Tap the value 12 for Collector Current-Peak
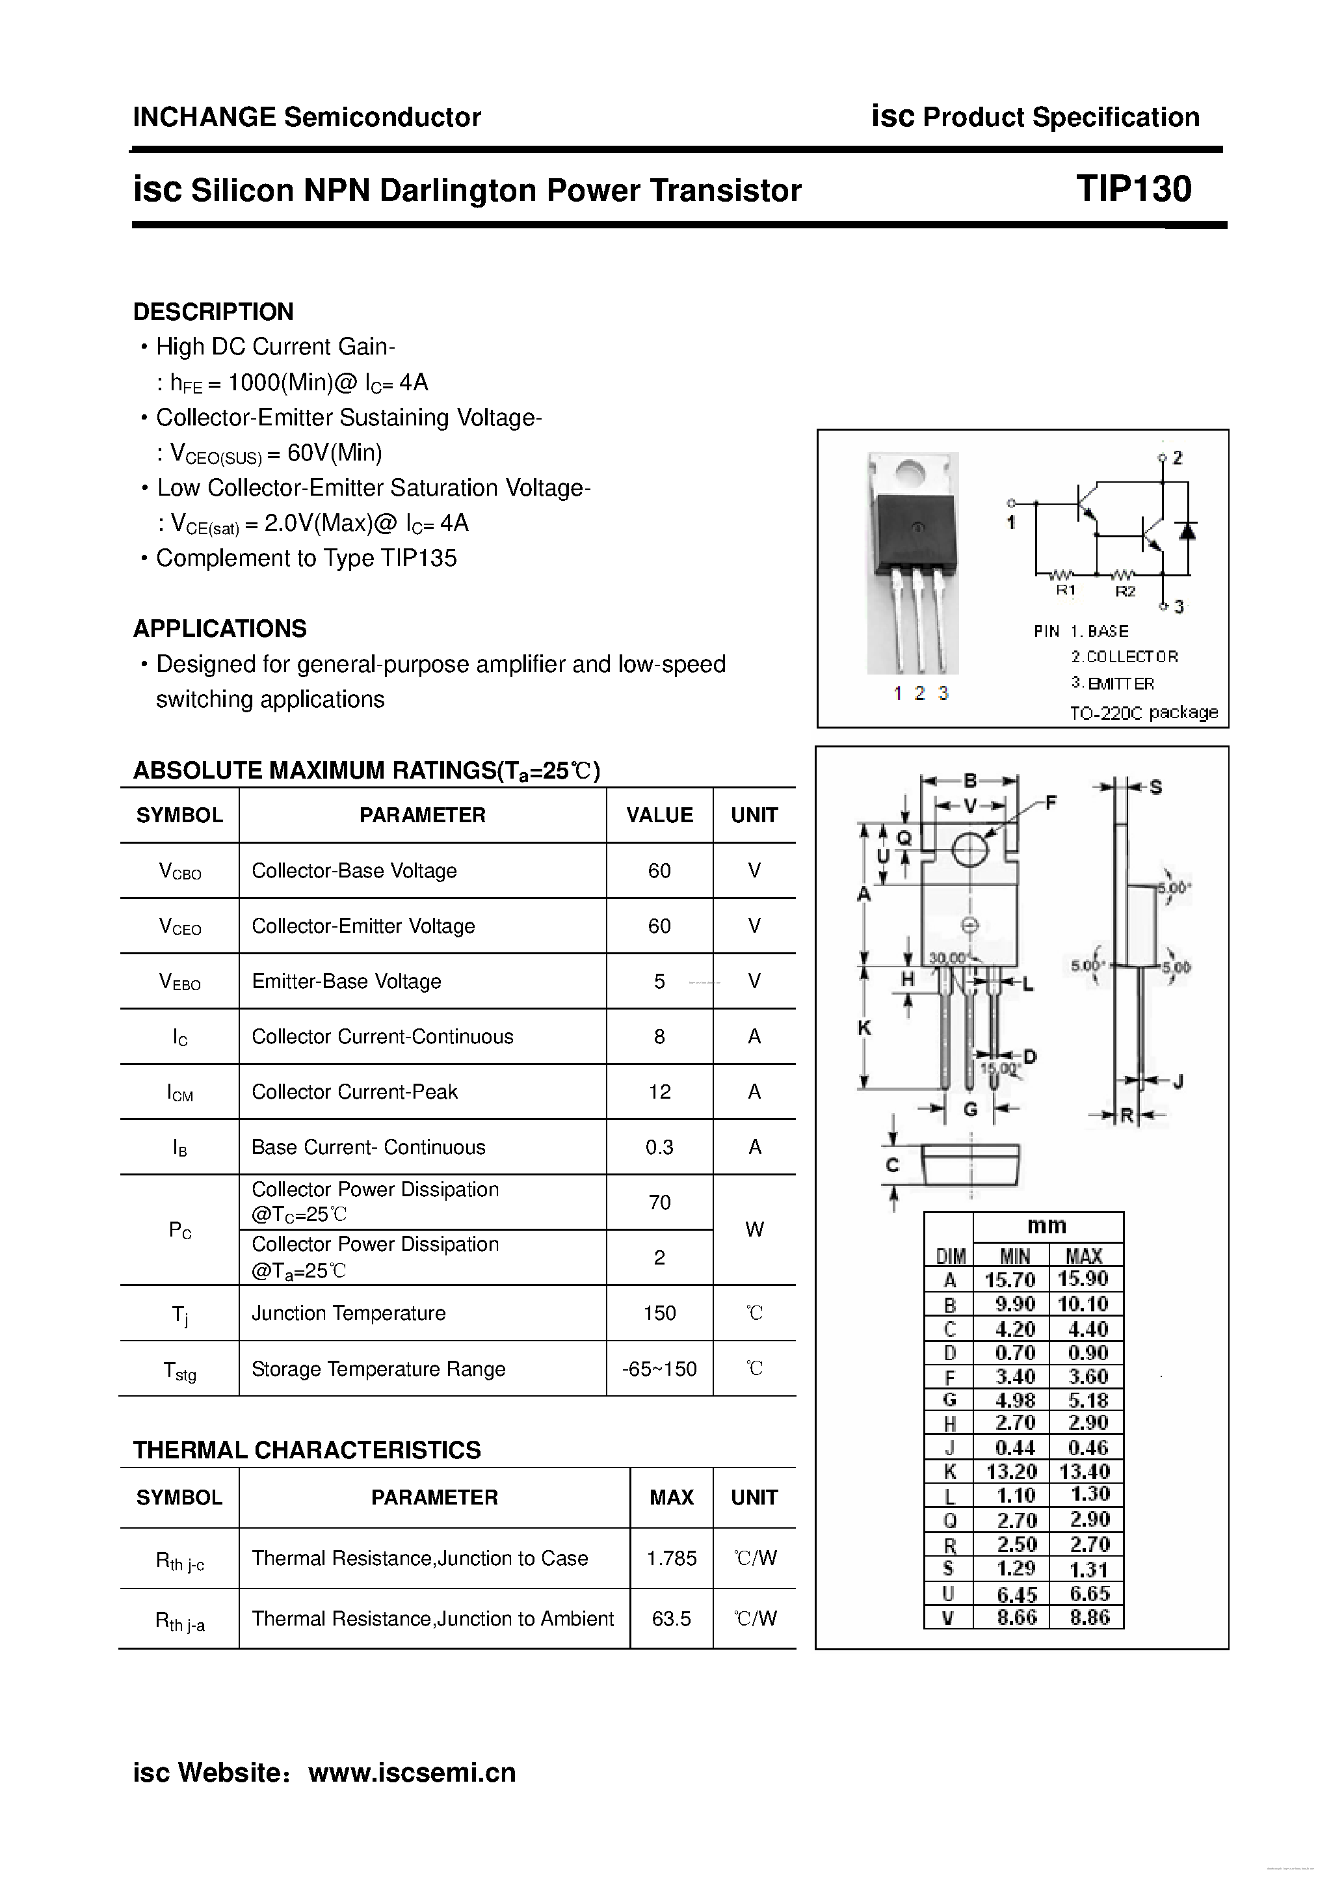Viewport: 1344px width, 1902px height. pos(659,1092)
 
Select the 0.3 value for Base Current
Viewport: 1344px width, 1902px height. pos(659,1147)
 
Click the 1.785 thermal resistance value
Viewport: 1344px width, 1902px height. pos(671,1558)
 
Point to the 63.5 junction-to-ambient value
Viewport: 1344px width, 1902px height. pos(671,1618)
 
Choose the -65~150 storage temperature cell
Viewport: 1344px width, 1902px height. pos(659,1369)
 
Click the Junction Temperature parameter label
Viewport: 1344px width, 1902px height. pos(349,1313)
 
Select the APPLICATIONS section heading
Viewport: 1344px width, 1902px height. pos(219,629)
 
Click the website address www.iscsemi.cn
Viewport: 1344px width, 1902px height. pos(412,1773)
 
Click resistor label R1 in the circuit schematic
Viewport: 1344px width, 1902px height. pos(1065,591)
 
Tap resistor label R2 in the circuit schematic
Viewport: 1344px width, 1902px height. pos(1125,591)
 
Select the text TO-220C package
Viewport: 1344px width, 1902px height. pos(1143,712)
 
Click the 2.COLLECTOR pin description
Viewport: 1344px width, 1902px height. pos(1124,657)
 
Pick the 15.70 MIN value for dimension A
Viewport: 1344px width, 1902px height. pos(1009,1280)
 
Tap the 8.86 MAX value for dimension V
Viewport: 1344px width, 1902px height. pos(1088,1617)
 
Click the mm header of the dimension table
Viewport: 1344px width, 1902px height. pos(1047,1226)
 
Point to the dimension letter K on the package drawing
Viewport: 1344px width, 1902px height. pos(863,1028)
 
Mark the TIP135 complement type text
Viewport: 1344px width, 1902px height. pos(419,558)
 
